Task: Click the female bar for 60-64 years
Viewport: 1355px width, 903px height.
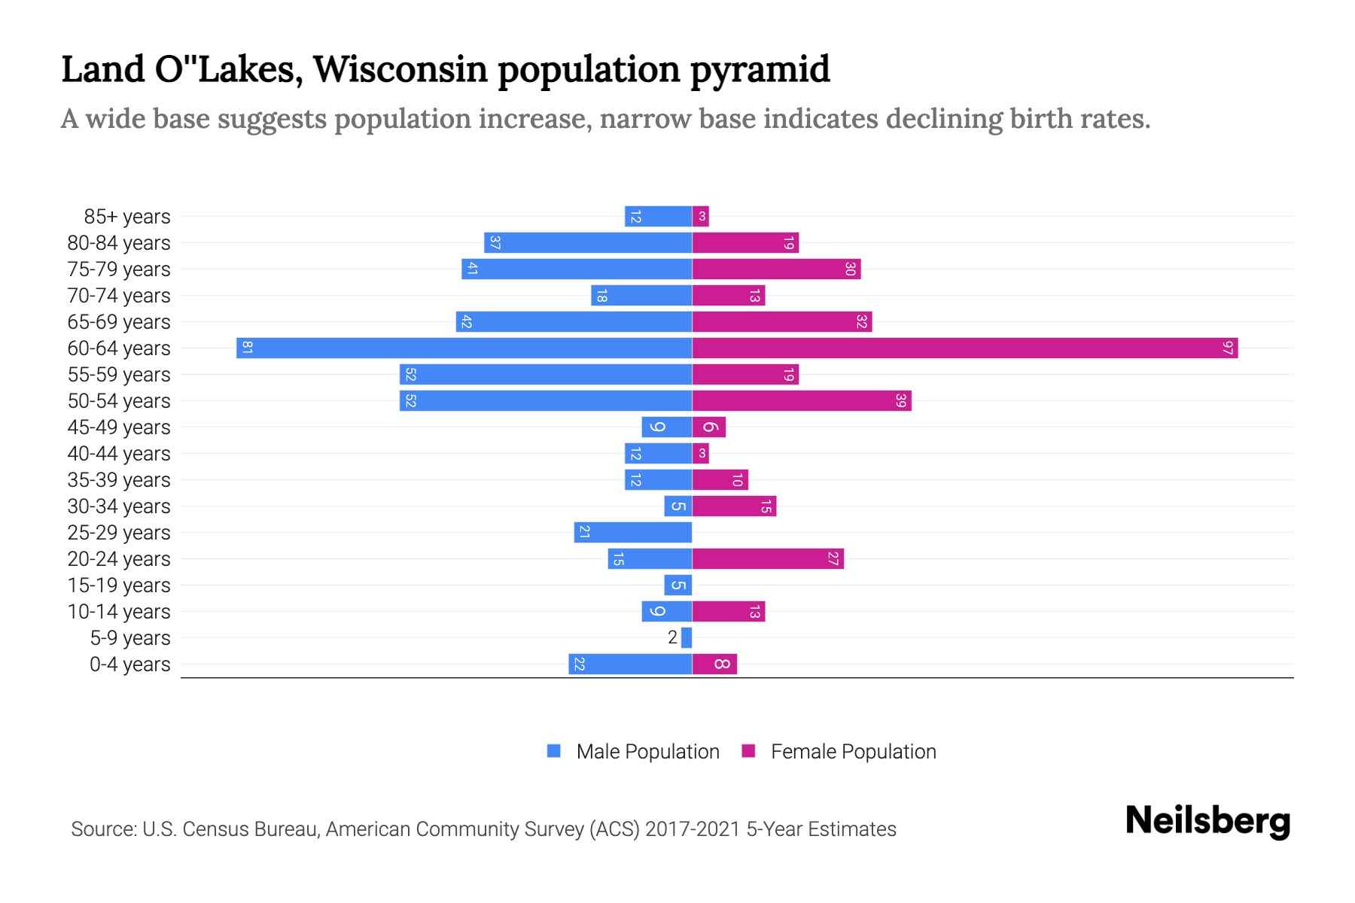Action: coord(964,348)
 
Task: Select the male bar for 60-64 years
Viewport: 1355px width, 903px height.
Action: coord(464,348)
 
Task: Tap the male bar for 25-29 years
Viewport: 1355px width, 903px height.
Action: coord(632,533)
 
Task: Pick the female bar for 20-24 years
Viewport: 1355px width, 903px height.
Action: coord(767,559)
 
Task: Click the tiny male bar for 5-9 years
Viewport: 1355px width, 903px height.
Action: coord(687,638)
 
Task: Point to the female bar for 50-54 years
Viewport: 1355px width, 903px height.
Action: coord(801,401)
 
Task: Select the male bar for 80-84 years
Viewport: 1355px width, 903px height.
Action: coord(587,243)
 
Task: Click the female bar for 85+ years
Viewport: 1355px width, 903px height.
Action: coord(701,217)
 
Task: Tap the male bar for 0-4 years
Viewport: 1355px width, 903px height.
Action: coord(630,664)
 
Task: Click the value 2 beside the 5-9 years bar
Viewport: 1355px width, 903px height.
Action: coord(672,638)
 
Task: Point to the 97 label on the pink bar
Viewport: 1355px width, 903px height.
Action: coord(1228,348)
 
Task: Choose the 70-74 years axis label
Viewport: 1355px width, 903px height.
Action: coord(119,296)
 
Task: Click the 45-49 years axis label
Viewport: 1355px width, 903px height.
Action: coord(119,427)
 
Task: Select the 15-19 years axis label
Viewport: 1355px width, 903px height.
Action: coord(119,585)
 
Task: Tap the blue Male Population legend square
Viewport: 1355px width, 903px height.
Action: coord(554,751)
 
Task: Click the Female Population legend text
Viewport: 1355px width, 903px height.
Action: coord(853,752)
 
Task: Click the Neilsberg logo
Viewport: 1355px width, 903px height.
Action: coord(1207,821)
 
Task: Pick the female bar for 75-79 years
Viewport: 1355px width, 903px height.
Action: coord(776,269)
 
